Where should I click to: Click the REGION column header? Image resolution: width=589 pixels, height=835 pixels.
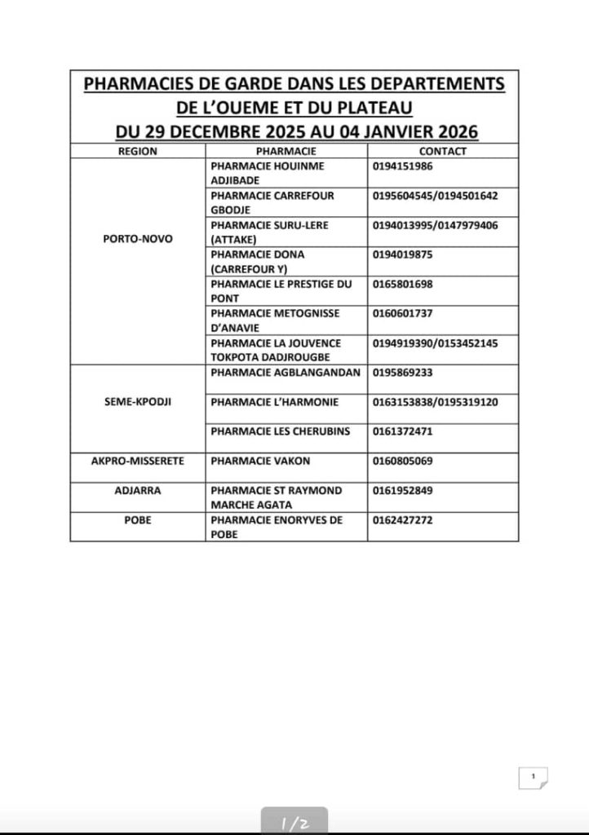click(137, 151)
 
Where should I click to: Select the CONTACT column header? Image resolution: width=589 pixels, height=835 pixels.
click(443, 151)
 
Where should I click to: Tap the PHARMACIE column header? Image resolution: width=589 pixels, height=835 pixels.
click(286, 151)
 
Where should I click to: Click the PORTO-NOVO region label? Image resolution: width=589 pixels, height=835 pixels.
click(138, 239)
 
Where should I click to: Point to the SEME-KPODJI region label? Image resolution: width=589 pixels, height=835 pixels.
click(138, 402)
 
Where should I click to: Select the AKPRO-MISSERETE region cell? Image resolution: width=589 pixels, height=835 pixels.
click(138, 461)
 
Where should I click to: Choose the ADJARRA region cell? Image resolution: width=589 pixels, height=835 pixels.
click(138, 490)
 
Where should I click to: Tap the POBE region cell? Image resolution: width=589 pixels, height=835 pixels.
click(138, 519)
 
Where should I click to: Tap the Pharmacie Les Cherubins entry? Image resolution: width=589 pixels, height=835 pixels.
click(274, 431)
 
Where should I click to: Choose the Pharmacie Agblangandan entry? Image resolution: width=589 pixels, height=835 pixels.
click(285, 373)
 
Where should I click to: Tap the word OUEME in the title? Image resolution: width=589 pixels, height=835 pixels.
click(247, 107)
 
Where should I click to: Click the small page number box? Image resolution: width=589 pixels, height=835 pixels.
click(533, 777)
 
